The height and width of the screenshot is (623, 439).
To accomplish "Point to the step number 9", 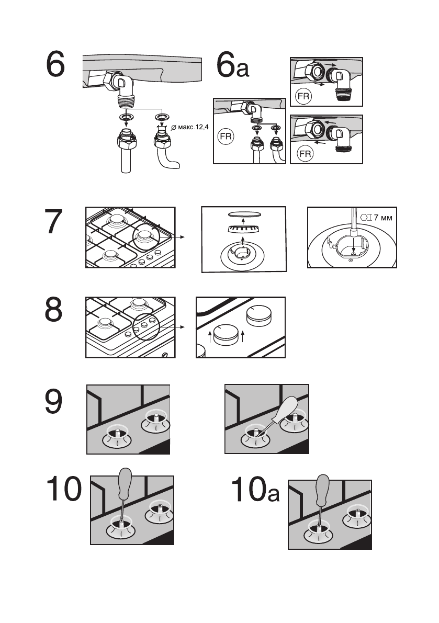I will coord(54,403).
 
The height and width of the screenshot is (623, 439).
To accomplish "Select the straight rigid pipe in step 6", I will coord(125,160).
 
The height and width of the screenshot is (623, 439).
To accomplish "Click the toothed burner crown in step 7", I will coord(244,229).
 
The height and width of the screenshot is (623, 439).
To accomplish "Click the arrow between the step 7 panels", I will coord(179,237).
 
